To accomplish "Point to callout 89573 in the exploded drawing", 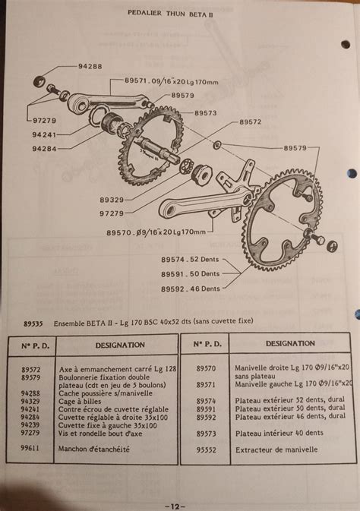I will click(205, 112).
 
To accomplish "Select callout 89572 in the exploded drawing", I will click(251, 121).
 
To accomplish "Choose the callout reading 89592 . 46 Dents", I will click(190, 289).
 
